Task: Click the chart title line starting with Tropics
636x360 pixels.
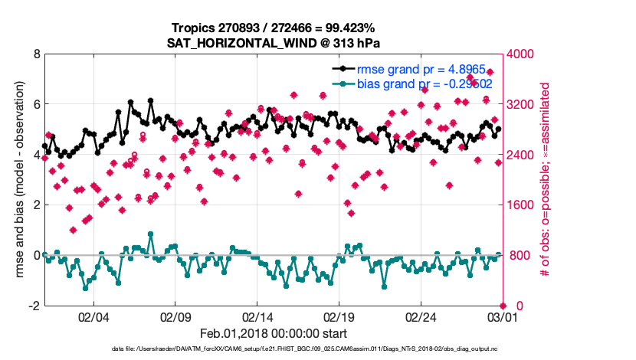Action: click(x=274, y=28)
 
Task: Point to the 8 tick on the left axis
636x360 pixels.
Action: click(x=35, y=54)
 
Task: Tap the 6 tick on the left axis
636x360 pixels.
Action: click(x=35, y=105)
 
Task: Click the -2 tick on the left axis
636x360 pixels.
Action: click(x=33, y=306)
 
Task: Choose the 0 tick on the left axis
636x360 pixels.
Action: click(x=35, y=255)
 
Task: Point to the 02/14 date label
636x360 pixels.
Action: click(x=257, y=317)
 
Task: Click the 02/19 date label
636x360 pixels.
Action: click(x=339, y=317)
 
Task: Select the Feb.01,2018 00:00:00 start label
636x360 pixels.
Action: click(x=274, y=333)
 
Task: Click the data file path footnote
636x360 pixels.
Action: click(x=274, y=350)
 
